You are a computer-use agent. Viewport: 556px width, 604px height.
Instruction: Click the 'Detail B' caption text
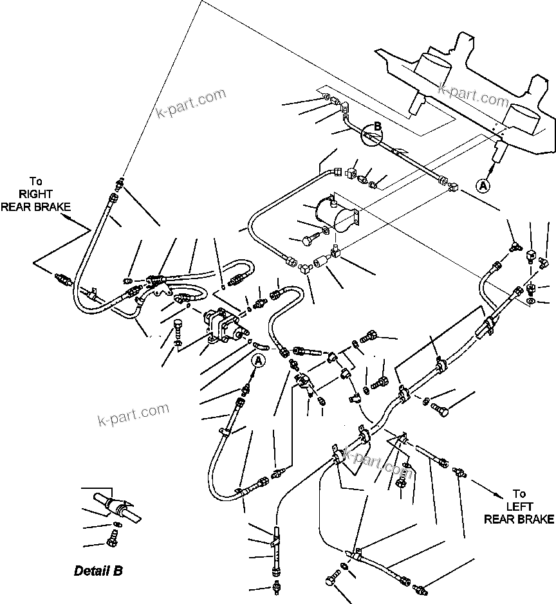point(98,571)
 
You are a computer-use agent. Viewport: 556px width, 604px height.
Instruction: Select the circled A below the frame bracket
point(483,185)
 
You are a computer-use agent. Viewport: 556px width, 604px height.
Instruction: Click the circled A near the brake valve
point(258,361)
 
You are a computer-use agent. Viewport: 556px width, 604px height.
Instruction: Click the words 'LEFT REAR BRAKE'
point(519,513)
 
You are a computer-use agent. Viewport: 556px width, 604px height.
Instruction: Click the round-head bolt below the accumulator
point(309,241)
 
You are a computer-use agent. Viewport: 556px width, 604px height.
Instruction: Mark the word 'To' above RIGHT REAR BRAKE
point(36,182)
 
